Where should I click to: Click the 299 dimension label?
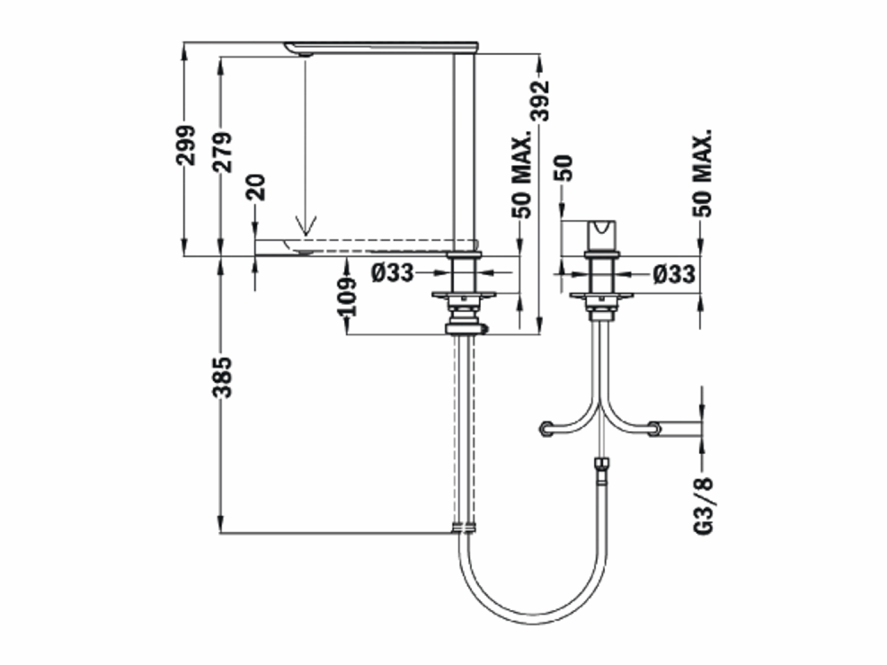185,145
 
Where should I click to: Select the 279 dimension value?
223,152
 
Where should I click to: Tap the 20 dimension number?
255,187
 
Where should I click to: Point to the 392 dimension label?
540,101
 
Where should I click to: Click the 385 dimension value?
223,377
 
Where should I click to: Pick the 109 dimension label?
348,296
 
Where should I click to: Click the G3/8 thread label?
703,505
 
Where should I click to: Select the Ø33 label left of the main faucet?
393,273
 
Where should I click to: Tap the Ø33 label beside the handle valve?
674,274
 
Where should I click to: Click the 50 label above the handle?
563,168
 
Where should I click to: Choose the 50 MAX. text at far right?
702,173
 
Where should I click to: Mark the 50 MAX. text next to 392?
522,174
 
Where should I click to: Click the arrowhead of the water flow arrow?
305,226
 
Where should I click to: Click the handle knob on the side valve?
600,234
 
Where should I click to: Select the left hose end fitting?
546,429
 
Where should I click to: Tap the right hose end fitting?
654,429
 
